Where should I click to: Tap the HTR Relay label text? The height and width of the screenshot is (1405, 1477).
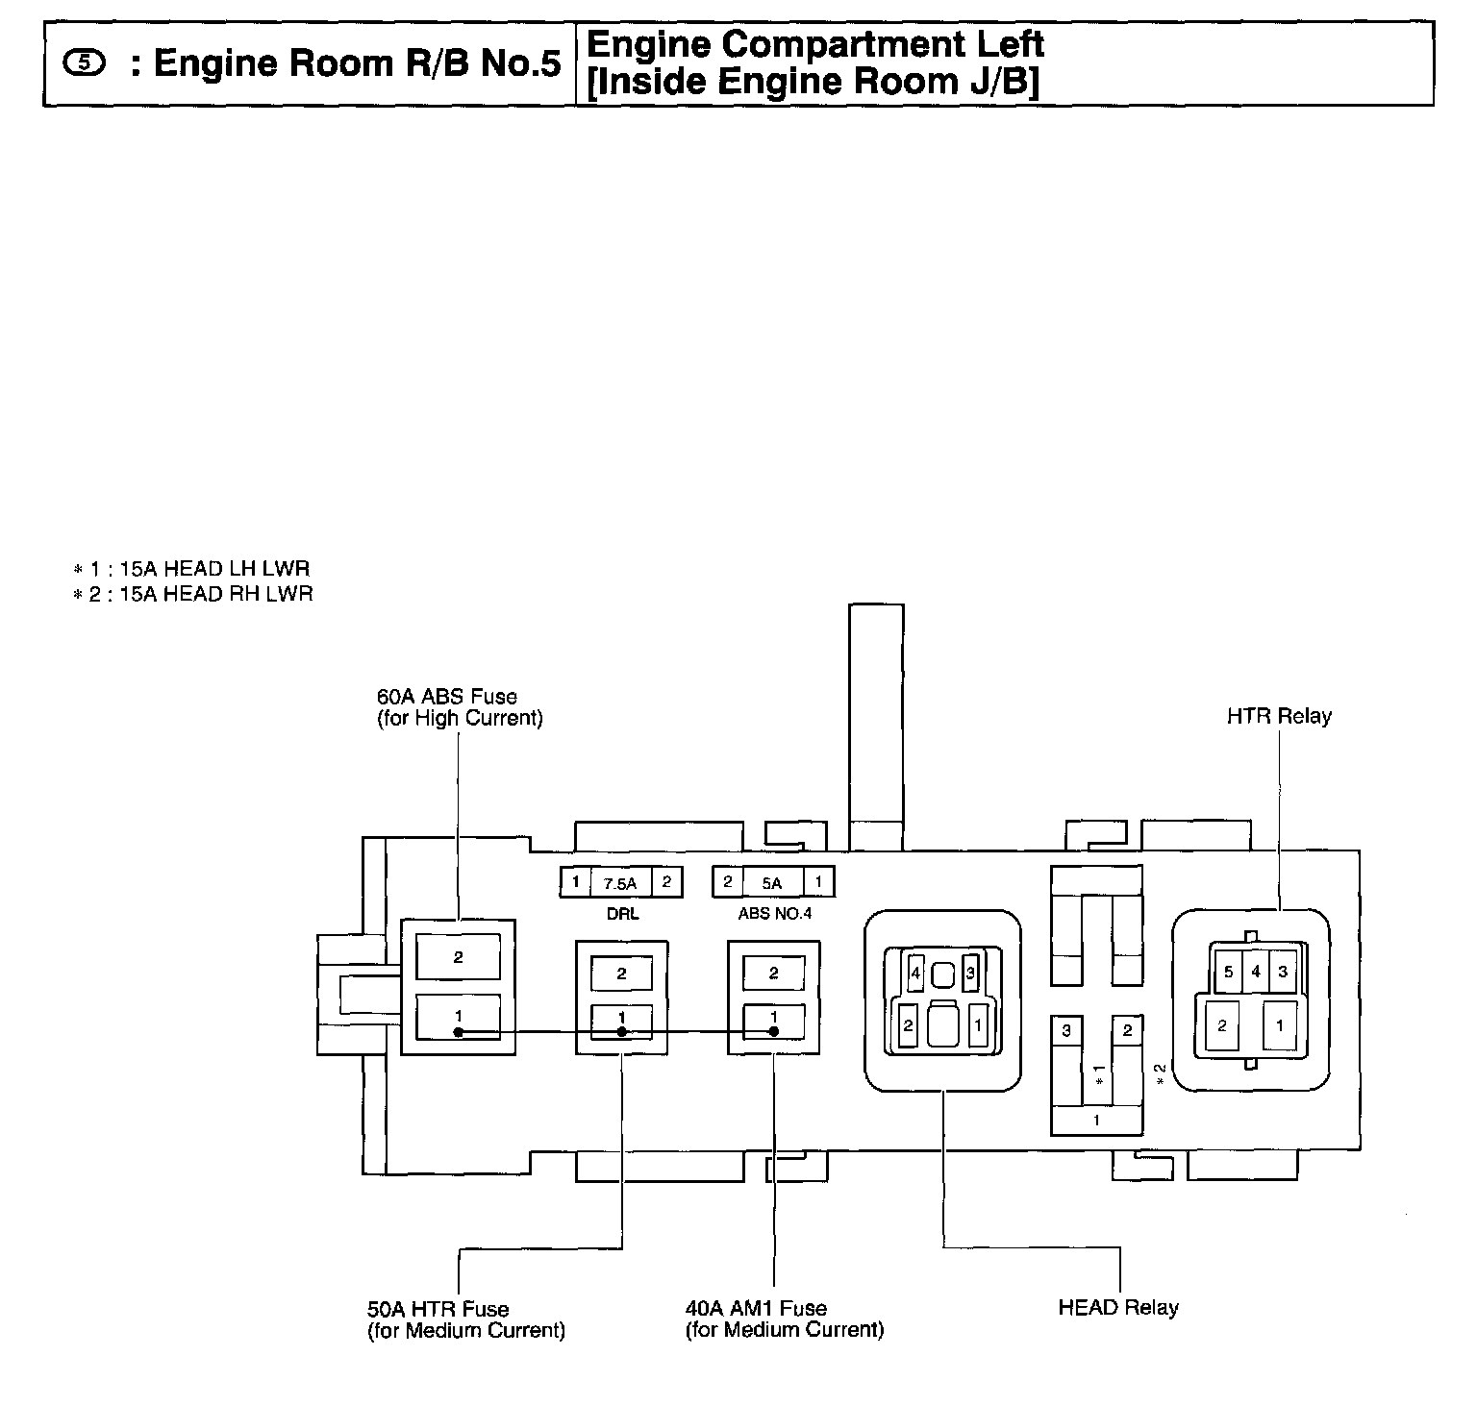point(1279,716)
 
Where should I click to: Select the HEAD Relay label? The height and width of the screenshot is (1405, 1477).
point(1117,1307)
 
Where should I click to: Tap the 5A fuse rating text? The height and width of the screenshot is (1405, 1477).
point(772,883)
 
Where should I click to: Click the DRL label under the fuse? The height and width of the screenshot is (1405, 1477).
point(622,913)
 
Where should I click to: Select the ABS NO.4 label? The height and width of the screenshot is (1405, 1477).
point(774,913)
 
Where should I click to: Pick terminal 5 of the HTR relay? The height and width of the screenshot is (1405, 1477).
point(1228,972)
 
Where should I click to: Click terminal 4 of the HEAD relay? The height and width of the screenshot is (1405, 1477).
point(915,974)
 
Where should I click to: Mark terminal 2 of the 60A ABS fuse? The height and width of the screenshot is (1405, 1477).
point(458,957)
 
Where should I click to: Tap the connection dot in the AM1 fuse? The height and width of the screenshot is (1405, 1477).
point(773,1032)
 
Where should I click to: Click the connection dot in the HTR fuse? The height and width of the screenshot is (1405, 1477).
point(622,1032)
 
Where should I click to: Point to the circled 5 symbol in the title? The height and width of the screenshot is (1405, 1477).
point(87,63)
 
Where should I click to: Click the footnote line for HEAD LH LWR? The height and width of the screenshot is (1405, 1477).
point(192,569)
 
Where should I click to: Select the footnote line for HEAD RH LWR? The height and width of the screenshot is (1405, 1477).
point(192,594)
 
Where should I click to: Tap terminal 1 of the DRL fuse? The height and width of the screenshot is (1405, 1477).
point(575,882)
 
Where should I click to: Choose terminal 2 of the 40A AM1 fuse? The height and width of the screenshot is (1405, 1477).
point(773,974)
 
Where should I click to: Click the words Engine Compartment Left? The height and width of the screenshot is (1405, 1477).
point(814,44)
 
